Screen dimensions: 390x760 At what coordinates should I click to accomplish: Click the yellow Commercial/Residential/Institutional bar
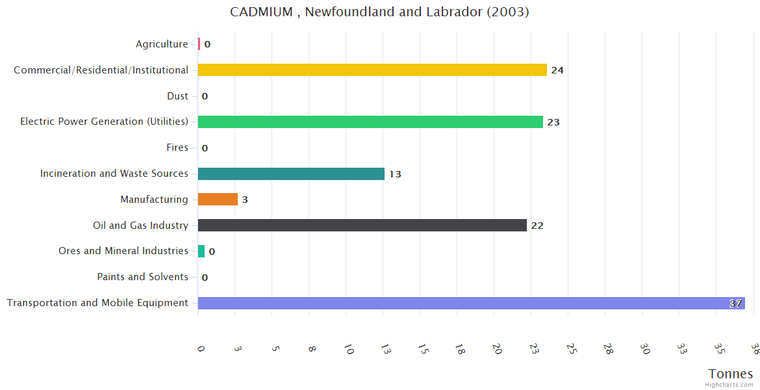pos(372,70)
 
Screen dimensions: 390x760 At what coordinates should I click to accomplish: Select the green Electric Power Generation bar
pos(370,122)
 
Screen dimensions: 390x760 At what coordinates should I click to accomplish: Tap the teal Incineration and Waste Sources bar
pos(291,174)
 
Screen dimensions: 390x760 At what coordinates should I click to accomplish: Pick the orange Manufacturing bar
pos(218,200)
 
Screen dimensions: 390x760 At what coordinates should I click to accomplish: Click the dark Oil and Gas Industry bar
pos(362,226)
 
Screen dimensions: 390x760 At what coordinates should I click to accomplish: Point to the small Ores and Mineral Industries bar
pos(201,251)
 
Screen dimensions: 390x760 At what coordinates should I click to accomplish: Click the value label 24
pos(557,70)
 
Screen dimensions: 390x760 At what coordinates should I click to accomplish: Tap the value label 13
pos(395,174)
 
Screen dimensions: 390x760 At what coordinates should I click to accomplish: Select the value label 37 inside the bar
pos(735,304)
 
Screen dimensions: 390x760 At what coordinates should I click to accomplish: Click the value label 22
pos(537,226)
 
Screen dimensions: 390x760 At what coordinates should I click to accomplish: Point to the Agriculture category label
pos(162,44)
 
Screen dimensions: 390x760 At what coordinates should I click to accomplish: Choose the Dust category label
pos(177,96)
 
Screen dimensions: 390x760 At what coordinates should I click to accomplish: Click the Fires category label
pos(177,148)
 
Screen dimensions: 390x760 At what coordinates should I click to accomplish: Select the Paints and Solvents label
pos(142,277)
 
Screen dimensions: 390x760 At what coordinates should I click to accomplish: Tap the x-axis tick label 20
pos(497,350)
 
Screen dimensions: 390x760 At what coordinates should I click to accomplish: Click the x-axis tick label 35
pos(718,350)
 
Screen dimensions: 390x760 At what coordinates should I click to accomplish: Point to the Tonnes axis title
pos(731,374)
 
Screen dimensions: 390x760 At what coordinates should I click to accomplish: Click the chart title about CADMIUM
pos(380,12)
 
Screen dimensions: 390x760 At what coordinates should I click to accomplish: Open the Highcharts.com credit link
pos(729,385)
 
